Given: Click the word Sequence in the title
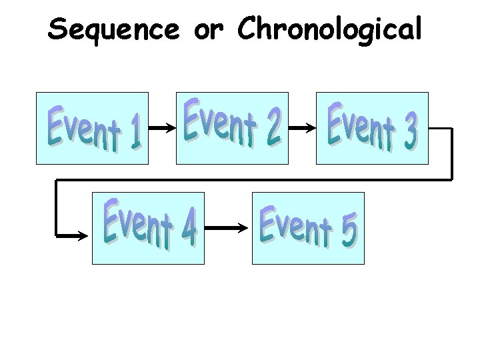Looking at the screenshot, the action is click(x=113, y=29).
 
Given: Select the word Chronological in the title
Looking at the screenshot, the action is click(x=329, y=29).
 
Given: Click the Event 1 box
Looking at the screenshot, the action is click(x=92, y=128).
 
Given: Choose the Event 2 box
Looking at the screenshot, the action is click(x=232, y=128).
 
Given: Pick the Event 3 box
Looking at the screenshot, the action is click(x=371, y=128).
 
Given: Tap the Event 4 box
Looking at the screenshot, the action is click(x=148, y=228).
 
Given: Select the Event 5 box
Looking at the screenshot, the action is click(x=308, y=228).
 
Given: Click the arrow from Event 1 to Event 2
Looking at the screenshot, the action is click(x=162, y=127).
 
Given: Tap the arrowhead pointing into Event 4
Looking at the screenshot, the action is click(x=83, y=235).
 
